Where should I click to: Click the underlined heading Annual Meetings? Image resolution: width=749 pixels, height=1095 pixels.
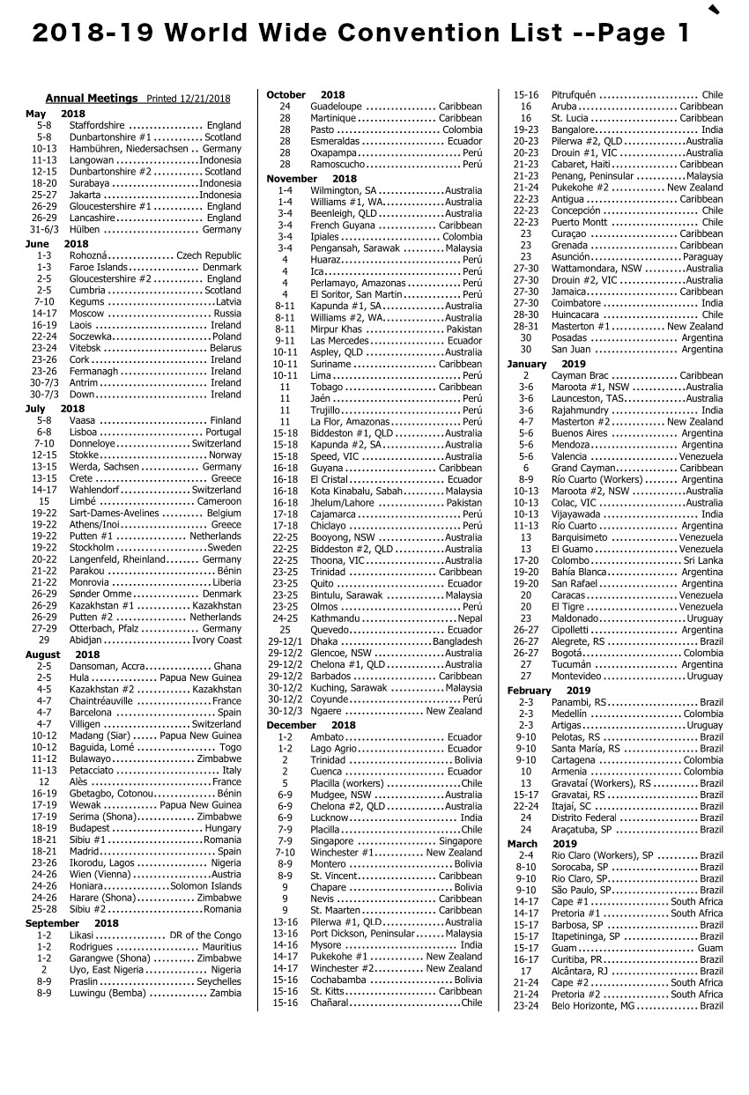[92, 99]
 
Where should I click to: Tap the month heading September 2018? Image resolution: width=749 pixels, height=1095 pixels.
[71, 923]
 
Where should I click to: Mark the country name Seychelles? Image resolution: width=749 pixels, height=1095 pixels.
[219, 981]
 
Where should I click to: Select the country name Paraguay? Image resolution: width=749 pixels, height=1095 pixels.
[702, 256]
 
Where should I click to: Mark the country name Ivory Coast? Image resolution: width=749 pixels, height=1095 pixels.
[217, 640]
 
